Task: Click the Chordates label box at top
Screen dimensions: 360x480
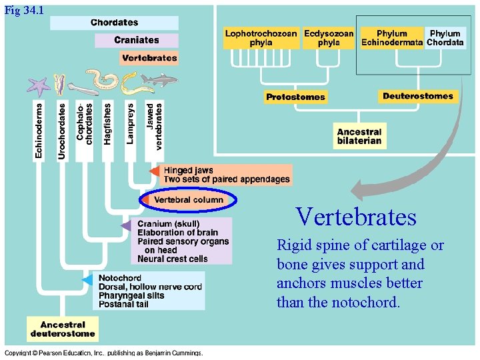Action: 115,23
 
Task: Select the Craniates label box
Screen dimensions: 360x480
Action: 136,40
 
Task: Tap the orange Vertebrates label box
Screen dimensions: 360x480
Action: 149,58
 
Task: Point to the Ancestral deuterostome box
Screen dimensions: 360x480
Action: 63,329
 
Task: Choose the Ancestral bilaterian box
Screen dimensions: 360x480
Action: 359,137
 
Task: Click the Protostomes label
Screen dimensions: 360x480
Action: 295,97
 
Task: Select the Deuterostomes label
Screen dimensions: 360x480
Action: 417,96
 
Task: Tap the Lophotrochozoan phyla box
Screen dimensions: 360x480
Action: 261,38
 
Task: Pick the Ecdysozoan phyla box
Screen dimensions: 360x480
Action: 329,38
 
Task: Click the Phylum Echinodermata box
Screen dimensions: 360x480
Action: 392,38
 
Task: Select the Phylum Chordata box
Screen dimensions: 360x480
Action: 445,38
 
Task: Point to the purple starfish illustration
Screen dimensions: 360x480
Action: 39,86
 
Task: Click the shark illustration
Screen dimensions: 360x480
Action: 159,81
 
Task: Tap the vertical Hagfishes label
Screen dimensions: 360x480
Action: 108,123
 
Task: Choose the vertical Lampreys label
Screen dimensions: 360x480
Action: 130,123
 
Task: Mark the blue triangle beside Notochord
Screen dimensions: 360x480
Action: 87,280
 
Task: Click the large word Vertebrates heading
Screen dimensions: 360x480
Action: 356,217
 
